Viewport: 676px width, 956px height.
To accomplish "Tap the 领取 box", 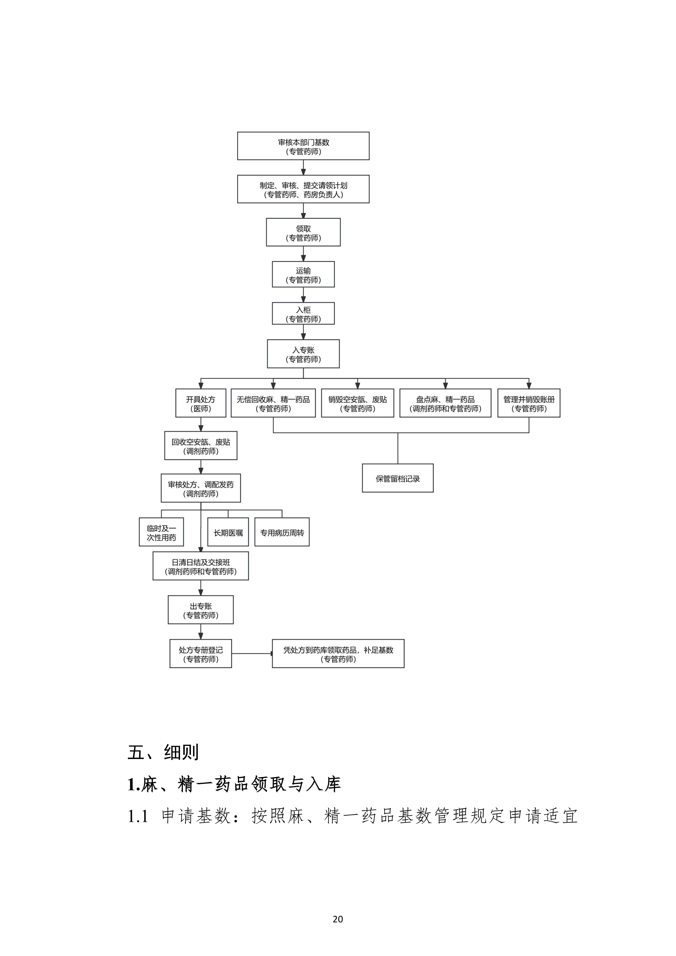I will tap(303, 232).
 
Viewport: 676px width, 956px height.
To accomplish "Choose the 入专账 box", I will tap(303, 354).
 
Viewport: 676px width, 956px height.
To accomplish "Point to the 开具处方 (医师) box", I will tap(201, 403).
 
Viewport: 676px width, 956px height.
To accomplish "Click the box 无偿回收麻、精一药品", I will tap(273, 403).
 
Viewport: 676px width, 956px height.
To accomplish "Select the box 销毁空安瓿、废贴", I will tap(357, 403).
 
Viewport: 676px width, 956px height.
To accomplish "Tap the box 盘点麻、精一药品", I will tap(445, 403).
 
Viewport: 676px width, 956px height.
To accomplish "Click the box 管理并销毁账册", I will tap(529, 403).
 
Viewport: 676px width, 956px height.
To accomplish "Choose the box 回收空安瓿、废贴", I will tap(201, 445).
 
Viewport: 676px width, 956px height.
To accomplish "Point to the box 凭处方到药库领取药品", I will tap(338, 654).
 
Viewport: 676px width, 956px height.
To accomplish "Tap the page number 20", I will tap(338, 919).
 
